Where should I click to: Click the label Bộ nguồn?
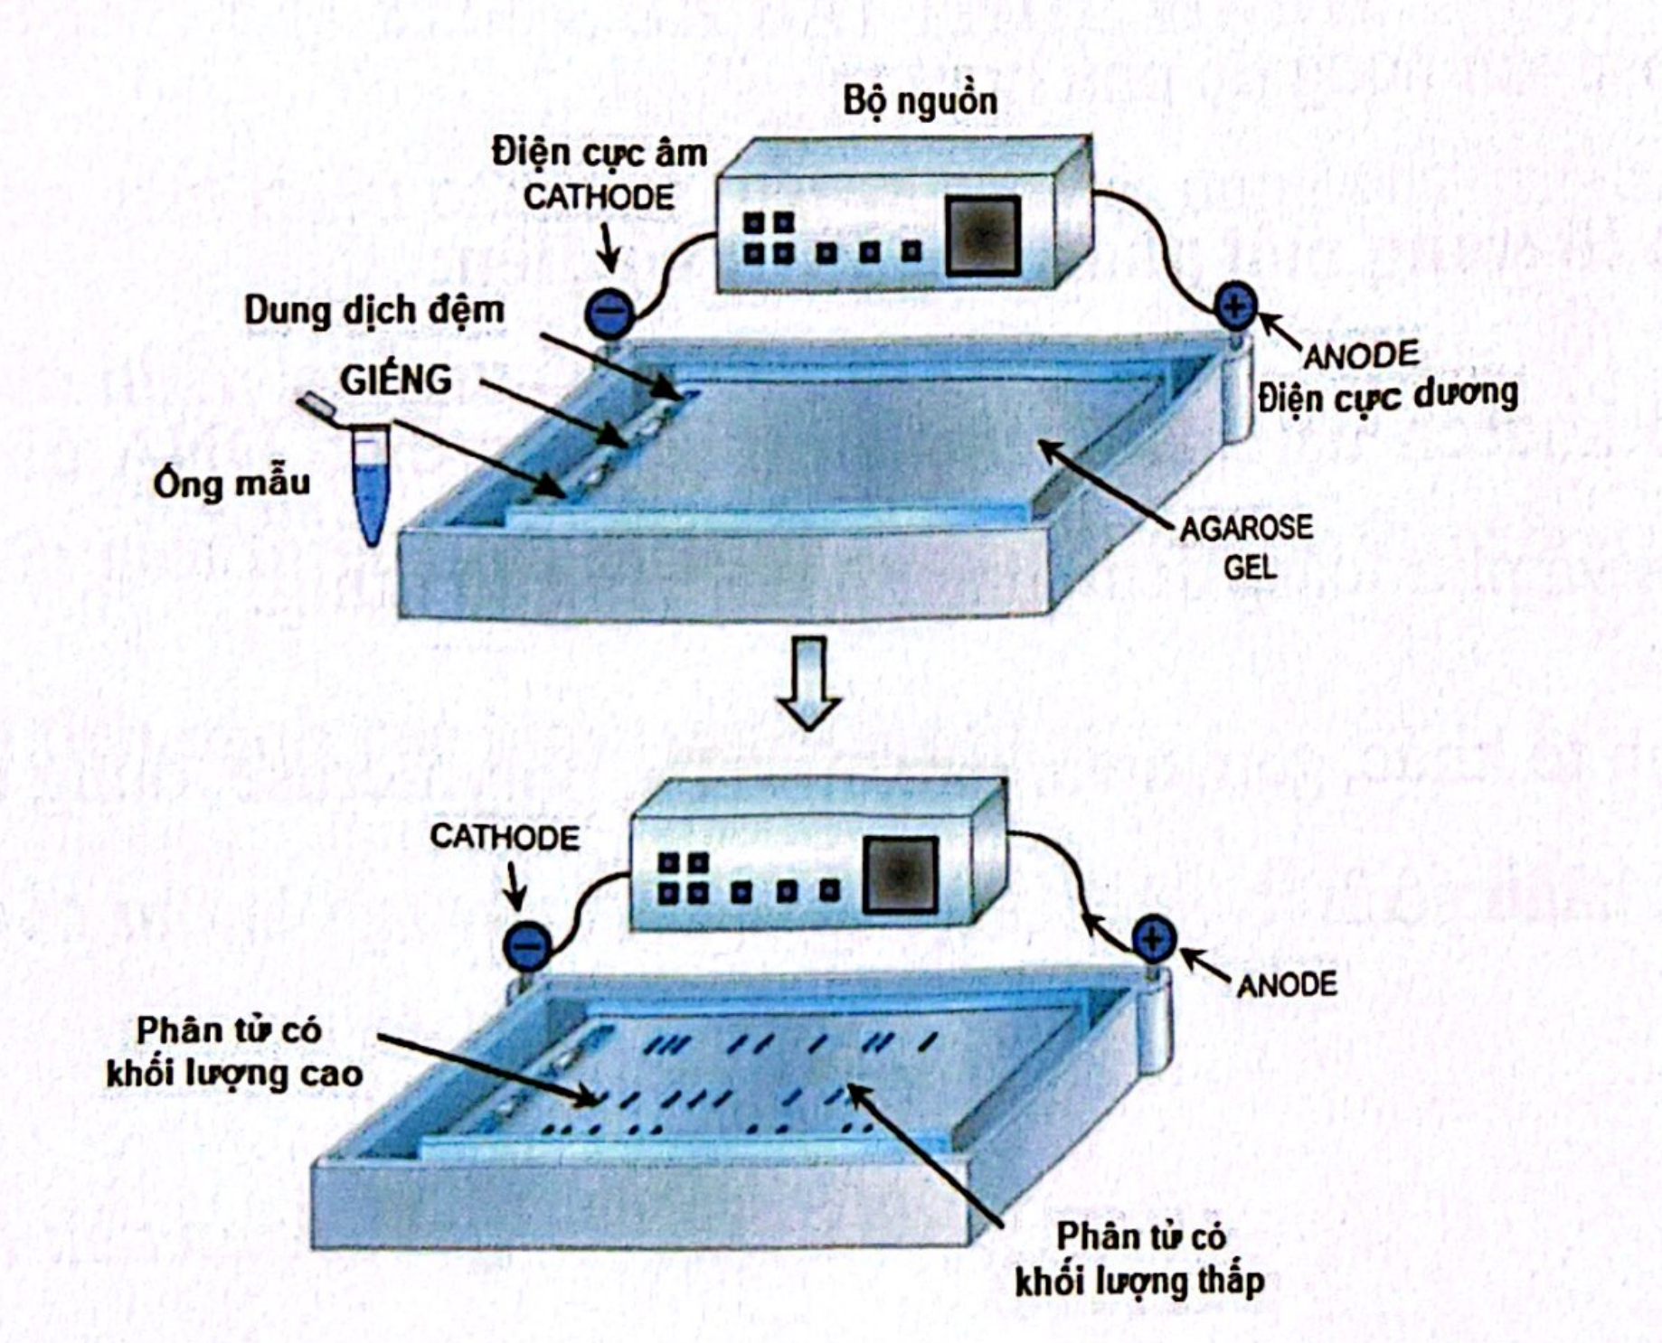coord(920,100)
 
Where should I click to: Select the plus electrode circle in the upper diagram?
coord(1234,305)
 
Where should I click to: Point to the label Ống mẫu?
coord(231,484)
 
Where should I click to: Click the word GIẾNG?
coord(396,380)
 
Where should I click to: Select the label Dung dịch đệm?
coord(373,311)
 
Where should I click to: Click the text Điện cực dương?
coord(1387,396)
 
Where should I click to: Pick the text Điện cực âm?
coord(599,153)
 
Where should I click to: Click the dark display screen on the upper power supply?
coord(984,236)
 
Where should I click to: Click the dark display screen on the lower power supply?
coord(900,874)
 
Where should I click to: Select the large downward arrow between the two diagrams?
coord(809,682)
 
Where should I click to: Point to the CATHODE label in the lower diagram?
coord(505,837)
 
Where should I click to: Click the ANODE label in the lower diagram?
coord(1286,984)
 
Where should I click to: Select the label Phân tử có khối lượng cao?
coord(233,1053)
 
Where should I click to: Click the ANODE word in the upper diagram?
coord(1360,355)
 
